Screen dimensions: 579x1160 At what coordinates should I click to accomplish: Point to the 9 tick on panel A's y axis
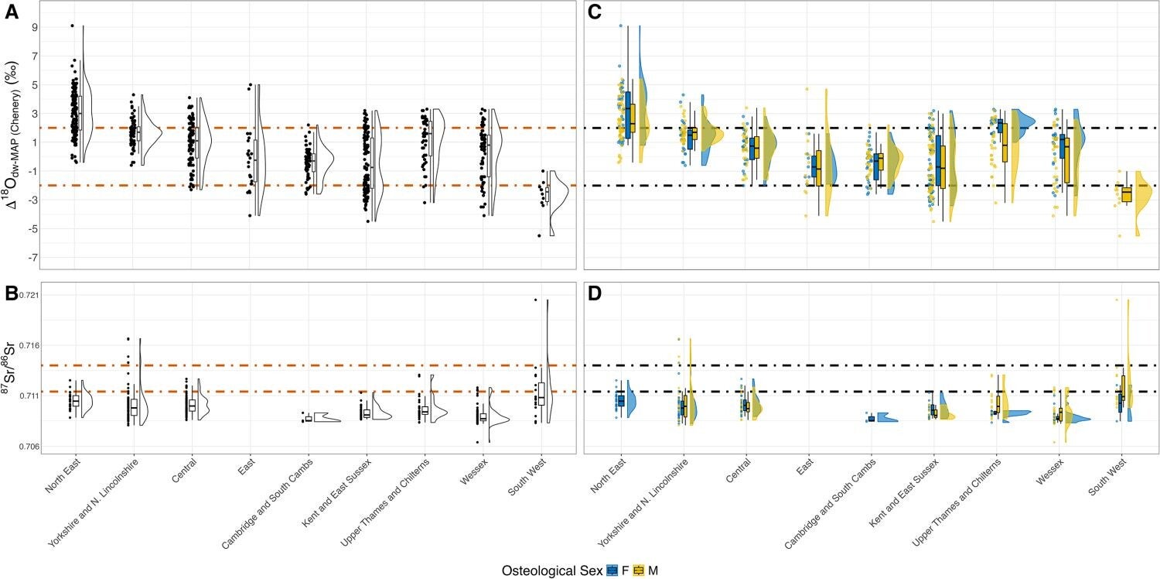(33, 26)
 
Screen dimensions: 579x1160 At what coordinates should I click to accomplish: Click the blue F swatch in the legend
(612, 570)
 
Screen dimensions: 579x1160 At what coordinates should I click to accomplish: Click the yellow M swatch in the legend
(639, 570)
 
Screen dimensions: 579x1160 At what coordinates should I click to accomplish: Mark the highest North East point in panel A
(73, 26)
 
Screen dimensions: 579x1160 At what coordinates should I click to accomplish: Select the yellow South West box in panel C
(1127, 194)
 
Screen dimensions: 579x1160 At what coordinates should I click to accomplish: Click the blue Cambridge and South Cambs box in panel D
(872, 419)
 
